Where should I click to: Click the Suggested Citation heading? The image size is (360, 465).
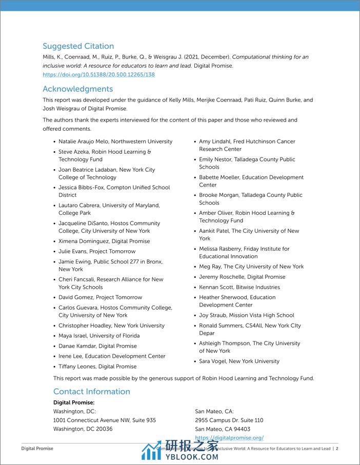click(78, 46)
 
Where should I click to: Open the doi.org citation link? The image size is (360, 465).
click(98, 75)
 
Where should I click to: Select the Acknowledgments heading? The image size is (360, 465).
click(77, 89)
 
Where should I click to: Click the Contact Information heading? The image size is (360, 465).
click(91, 392)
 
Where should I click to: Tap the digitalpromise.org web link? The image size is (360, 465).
click(229, 437)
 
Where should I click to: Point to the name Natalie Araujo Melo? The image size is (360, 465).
click(82, 141)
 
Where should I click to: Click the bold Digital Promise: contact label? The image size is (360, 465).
click(74, 402)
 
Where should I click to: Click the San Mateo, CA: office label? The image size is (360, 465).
click(214, 411)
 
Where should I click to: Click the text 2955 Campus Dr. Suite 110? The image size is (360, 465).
click(229, 420)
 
